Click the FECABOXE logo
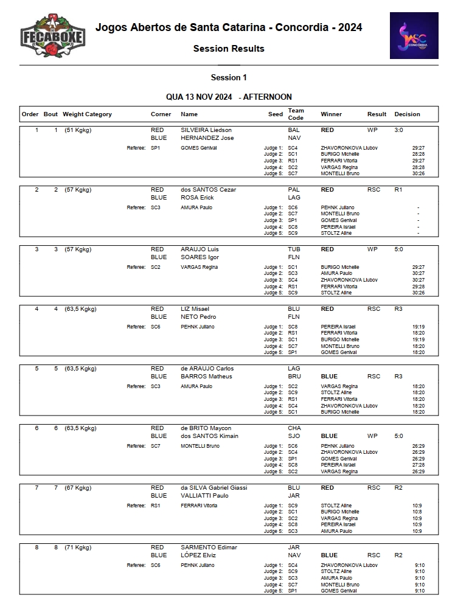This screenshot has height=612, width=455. pyautogui.click(x=52, y=37)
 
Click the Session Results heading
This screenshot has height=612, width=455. pyautogui.click(x=229, y=49)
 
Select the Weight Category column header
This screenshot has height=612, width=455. pyautogui.click(x=88, y=114)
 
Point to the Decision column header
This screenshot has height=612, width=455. pyautogui.click(x=407, y=114)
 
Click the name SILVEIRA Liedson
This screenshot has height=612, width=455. pyautogui.click(x=206, y=130)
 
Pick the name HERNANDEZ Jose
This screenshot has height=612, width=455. pyautogui.click(x=207, y=138)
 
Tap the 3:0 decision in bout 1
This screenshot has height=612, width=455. pyautogui.click(x=399, y=130)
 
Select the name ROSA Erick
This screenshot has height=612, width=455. pyautogui.click(x=198, y=198)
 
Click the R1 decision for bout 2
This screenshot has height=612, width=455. pyautogui.click(x=398, y=190)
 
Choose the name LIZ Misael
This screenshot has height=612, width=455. pyautogui.click(x=195, y=309)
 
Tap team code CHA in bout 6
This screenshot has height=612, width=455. pyautogui.click(x=294, y=428)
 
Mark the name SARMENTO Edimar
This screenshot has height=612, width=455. pyautogui.click(x=209, y=548)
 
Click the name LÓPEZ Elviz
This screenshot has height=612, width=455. pyautogui.click(x=198, y=555)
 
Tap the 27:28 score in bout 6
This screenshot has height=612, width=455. pyautogui.click(x=419, y=465)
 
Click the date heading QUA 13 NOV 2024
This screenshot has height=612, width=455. pyautogui.click(x=199, y=97)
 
